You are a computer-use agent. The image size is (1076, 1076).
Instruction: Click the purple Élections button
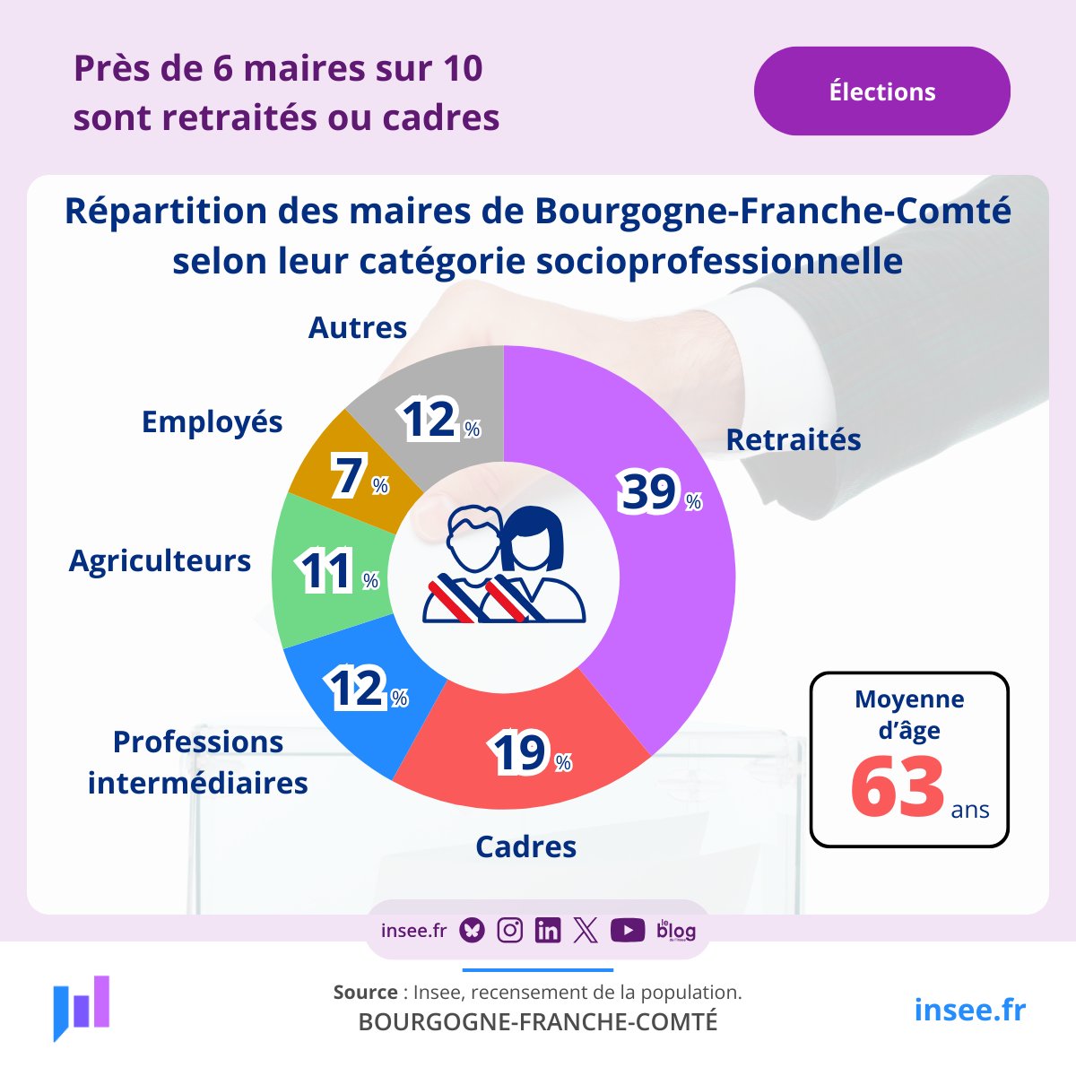[x=881, y=91]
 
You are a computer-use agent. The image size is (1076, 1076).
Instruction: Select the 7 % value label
[x=359, y=476]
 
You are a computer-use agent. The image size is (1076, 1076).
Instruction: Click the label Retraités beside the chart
[x=793, y=439]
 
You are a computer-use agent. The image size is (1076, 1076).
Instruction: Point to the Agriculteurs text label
[x=160, y=560]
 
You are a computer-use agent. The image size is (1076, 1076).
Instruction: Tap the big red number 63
[x=897, y=787]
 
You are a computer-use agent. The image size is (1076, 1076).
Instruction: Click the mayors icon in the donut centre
[x=504, y=565]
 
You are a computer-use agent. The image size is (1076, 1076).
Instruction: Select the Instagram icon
[x=509, y=931]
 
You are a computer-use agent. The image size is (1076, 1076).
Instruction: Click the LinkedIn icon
[x=547, y=931]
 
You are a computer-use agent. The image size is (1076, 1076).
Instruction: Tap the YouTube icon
[x=627, y=931]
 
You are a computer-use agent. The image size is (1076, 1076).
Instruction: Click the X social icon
[x=585, y=931]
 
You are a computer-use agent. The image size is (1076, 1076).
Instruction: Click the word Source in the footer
[x=365, y=992]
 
